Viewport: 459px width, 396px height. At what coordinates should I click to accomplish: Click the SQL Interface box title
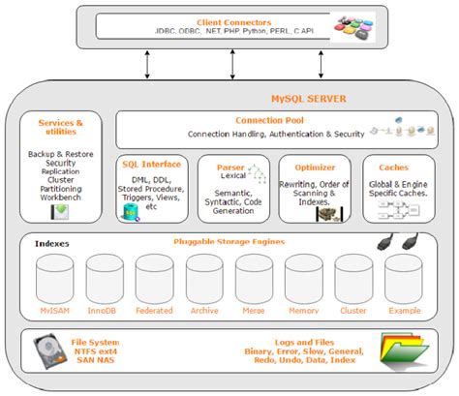149,165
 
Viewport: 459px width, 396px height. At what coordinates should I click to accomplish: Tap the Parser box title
229,167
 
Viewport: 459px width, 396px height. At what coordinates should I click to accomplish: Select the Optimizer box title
314,167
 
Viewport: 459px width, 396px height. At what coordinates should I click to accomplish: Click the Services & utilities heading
60,128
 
